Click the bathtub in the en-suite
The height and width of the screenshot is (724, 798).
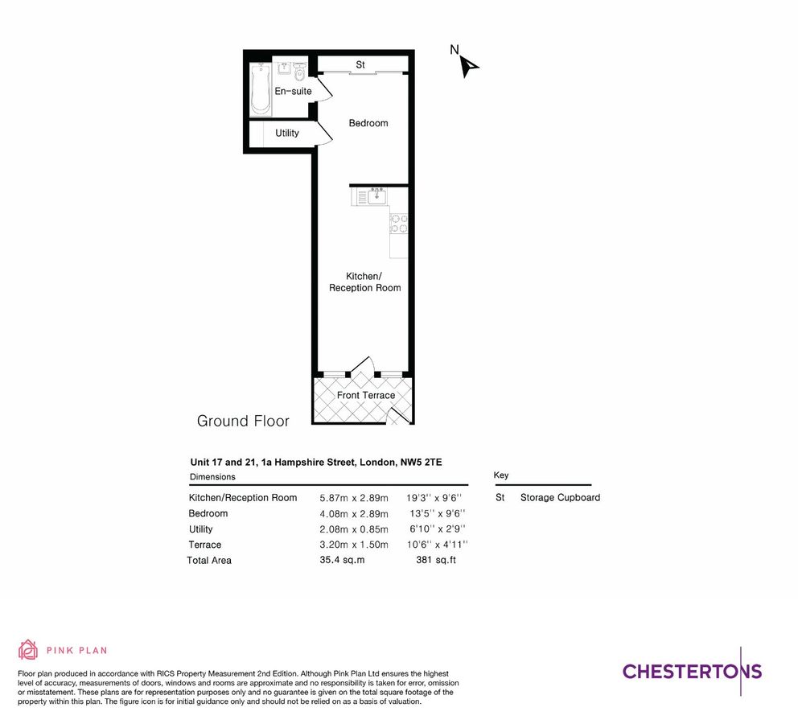point(261,89)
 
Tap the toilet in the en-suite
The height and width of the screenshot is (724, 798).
point(300,72)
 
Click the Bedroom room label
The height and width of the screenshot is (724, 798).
point(368,123)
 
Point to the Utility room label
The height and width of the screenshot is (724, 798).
point(287,133)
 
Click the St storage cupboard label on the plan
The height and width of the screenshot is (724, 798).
point(360,64)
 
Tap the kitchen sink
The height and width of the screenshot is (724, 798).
point(376,196)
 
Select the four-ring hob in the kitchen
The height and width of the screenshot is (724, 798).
point(399,224)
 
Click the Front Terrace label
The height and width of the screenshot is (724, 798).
point(366,395)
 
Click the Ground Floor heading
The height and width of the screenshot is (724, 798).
point(243,421)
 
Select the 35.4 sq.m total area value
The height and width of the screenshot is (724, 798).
point(342,560)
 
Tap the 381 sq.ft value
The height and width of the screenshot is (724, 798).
point(436,560)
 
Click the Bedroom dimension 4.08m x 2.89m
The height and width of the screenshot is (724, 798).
point(354,514)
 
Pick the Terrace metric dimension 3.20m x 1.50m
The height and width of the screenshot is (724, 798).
point(354,545)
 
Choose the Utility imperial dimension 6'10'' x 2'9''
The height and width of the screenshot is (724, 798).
point(438,529)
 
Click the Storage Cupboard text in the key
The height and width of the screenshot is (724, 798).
point(561,498)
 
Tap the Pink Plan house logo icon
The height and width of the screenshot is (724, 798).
point(28,650)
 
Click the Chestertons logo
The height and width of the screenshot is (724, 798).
point(693,671)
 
